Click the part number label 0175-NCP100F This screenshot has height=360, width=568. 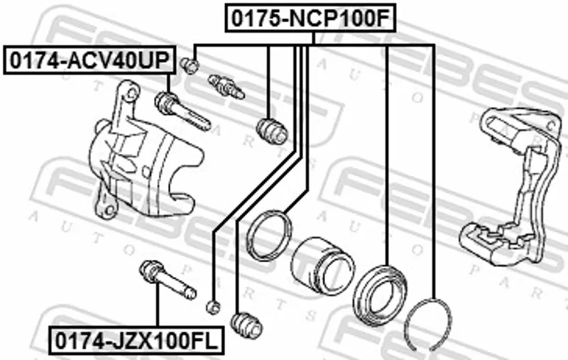(x=310, y=18)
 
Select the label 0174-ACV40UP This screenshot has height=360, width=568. (x=89, y=60)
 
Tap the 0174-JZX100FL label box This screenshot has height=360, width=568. (x=136, y=340)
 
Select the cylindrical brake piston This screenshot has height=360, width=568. (x=322, y=265)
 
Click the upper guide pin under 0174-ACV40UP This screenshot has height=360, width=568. (x=182, y=111)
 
